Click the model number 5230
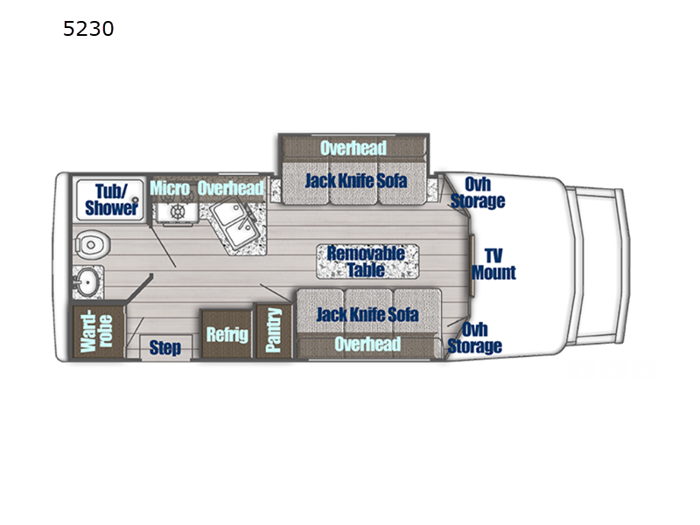(88, 30)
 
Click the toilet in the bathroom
(88, 244)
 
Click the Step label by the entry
(164, 348)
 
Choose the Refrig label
(227, 334)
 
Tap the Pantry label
(274, 331)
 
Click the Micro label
(170, 188)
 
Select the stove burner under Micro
(178, 213)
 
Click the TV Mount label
(493, 263)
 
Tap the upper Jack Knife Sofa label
(355, 182)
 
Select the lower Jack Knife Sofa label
(367, 314)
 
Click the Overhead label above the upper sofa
(353, 148)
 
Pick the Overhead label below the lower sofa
(367, 345)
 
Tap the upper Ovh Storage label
(478, 192)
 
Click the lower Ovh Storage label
(475, 338)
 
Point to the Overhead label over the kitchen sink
(230, 188)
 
